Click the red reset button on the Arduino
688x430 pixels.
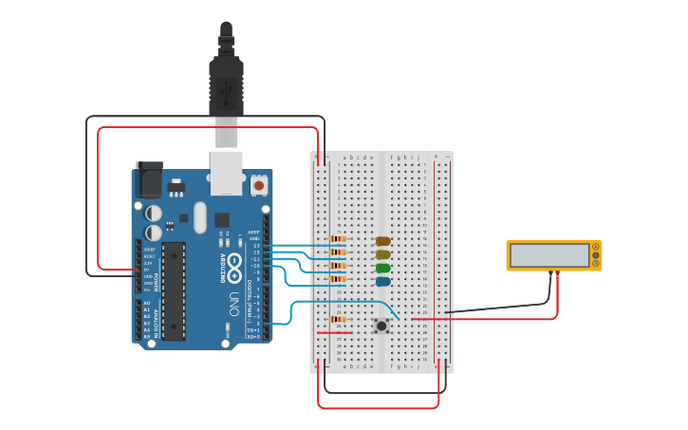click(x=259, y=185)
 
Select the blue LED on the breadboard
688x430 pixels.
click(x=382, y=281)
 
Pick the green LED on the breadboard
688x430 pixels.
click(x=382, y=268)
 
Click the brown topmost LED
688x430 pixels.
click(x=382, y=241)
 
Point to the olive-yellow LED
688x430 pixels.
click(x=382, y=254)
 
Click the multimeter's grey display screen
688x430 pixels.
click(x=549, y=254)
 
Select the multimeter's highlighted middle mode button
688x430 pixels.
click(x=596, y=254)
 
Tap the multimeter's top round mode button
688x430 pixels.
click(x=596, y=247)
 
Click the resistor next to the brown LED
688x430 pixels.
click(x=337, y=238)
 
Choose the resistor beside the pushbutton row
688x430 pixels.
click(x=337, y=319)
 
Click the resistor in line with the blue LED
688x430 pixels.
click(x=337, y=279)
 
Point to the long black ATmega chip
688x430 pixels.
click(x=173, y=290)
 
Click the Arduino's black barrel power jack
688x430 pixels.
click(x=148, y=179)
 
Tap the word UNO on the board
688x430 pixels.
click(x=233, y=304)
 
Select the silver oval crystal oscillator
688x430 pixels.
click(x=199, y=217)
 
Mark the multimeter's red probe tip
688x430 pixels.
click(x=557, y=274)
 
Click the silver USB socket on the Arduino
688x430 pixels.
click(x=226, y=172)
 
